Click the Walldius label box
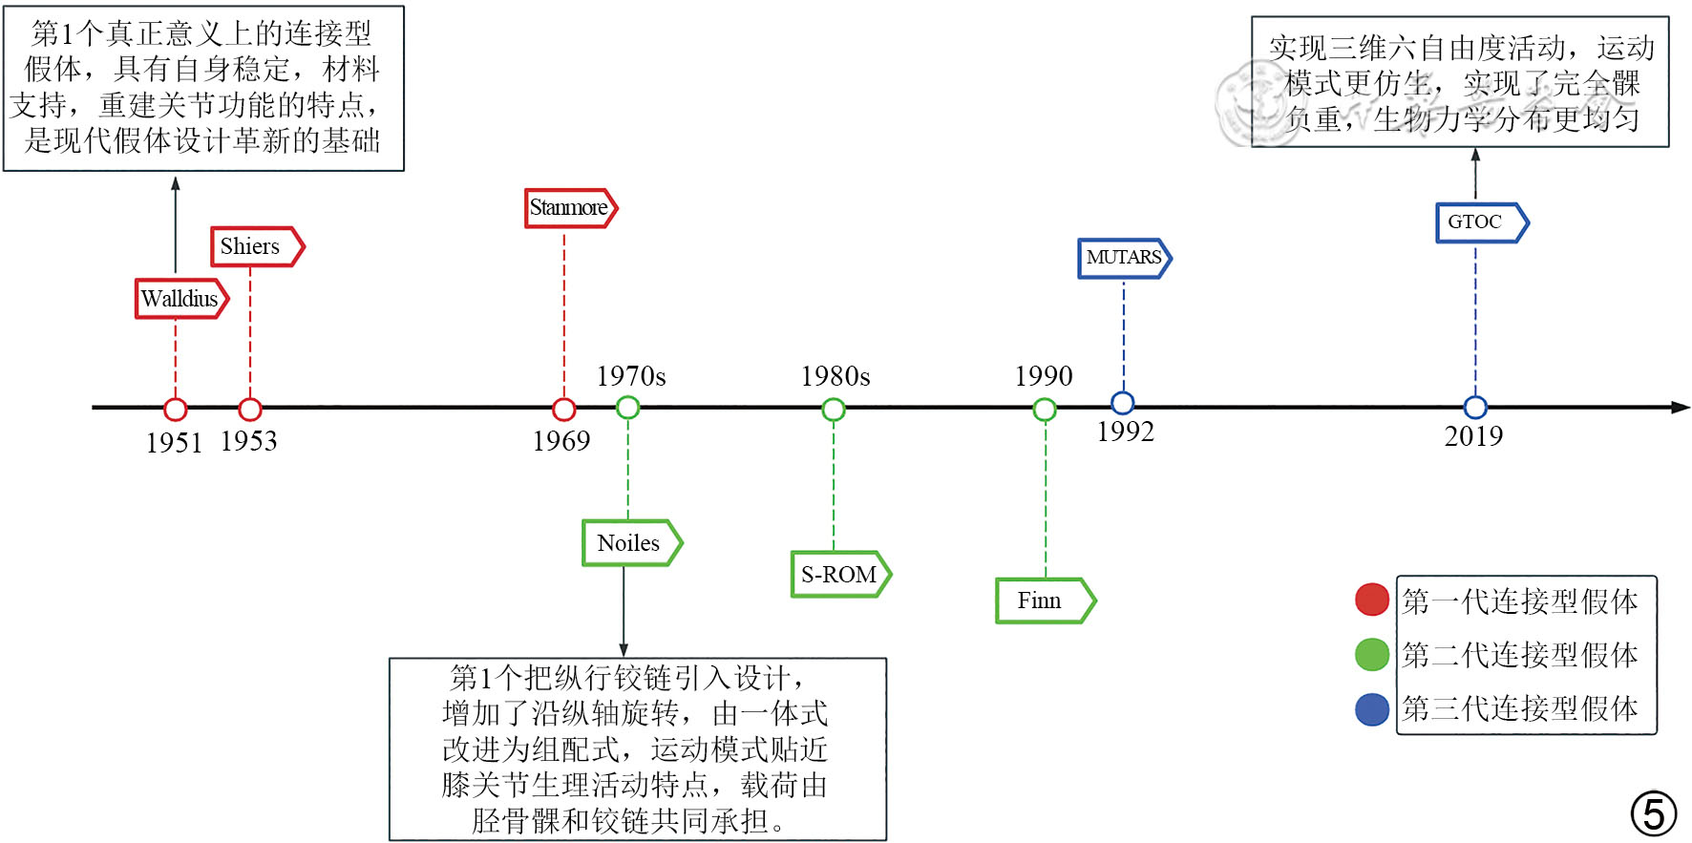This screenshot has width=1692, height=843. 180,299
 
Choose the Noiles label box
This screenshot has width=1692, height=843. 631,543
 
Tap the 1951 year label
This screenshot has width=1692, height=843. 174,443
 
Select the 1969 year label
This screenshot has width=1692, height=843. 561,441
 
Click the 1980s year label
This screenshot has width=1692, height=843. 835,376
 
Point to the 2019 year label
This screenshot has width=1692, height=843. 1473,436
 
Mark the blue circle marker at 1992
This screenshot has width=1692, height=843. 1123,403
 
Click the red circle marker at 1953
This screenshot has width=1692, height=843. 250,410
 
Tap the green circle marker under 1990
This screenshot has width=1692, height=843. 1045,410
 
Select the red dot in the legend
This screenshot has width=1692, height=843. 1372,600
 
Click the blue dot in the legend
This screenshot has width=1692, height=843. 1372,709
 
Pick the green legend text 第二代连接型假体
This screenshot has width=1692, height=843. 1520,655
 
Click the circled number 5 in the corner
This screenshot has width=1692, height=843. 1654,813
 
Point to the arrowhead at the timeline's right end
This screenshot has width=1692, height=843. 1681,408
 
